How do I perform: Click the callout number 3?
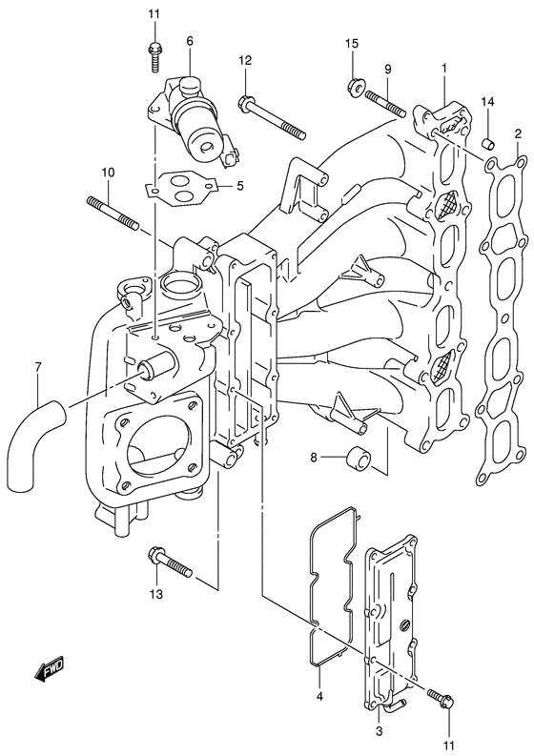[379, 731]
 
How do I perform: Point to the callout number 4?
[320, 696]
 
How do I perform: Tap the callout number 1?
[443, 68]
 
